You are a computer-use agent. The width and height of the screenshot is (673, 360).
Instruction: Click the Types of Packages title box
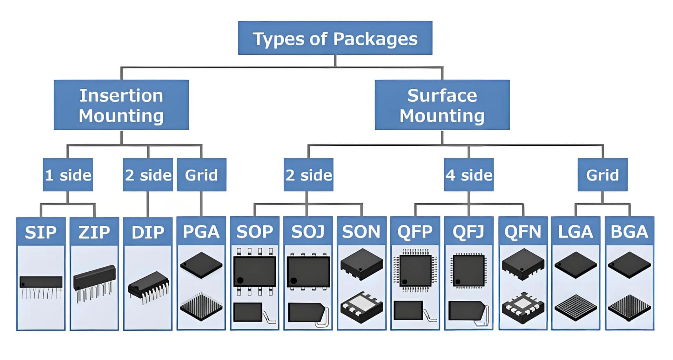[335, 38]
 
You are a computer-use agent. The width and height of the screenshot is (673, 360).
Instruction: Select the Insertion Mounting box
[121, 105]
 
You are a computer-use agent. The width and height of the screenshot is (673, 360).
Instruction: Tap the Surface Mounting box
[442, 105]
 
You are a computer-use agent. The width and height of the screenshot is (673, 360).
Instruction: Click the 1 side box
[68, 175]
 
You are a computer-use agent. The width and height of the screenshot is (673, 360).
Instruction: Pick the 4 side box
[469, 175]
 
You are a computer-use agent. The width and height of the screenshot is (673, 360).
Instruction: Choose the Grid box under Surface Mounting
[602, 175]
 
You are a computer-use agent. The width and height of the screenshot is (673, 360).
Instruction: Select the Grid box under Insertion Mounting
[201, 175]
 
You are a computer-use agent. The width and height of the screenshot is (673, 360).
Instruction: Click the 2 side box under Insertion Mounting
[148, 175]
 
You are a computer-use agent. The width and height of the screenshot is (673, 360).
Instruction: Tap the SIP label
[41, 232]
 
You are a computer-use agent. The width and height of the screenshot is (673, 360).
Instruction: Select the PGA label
[201, 231]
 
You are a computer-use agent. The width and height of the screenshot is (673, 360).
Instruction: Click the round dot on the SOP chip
[240, 280]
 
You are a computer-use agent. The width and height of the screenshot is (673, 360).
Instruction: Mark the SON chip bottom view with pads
[362, 307]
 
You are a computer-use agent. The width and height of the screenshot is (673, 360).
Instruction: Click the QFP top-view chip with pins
[415, 270]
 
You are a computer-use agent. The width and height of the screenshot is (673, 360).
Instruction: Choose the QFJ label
[469, 231]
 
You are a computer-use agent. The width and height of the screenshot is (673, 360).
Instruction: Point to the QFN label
[523, 231]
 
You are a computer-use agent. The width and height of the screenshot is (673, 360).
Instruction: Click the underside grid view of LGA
[576, 307]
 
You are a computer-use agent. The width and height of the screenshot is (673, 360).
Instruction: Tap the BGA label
[629, 231]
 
